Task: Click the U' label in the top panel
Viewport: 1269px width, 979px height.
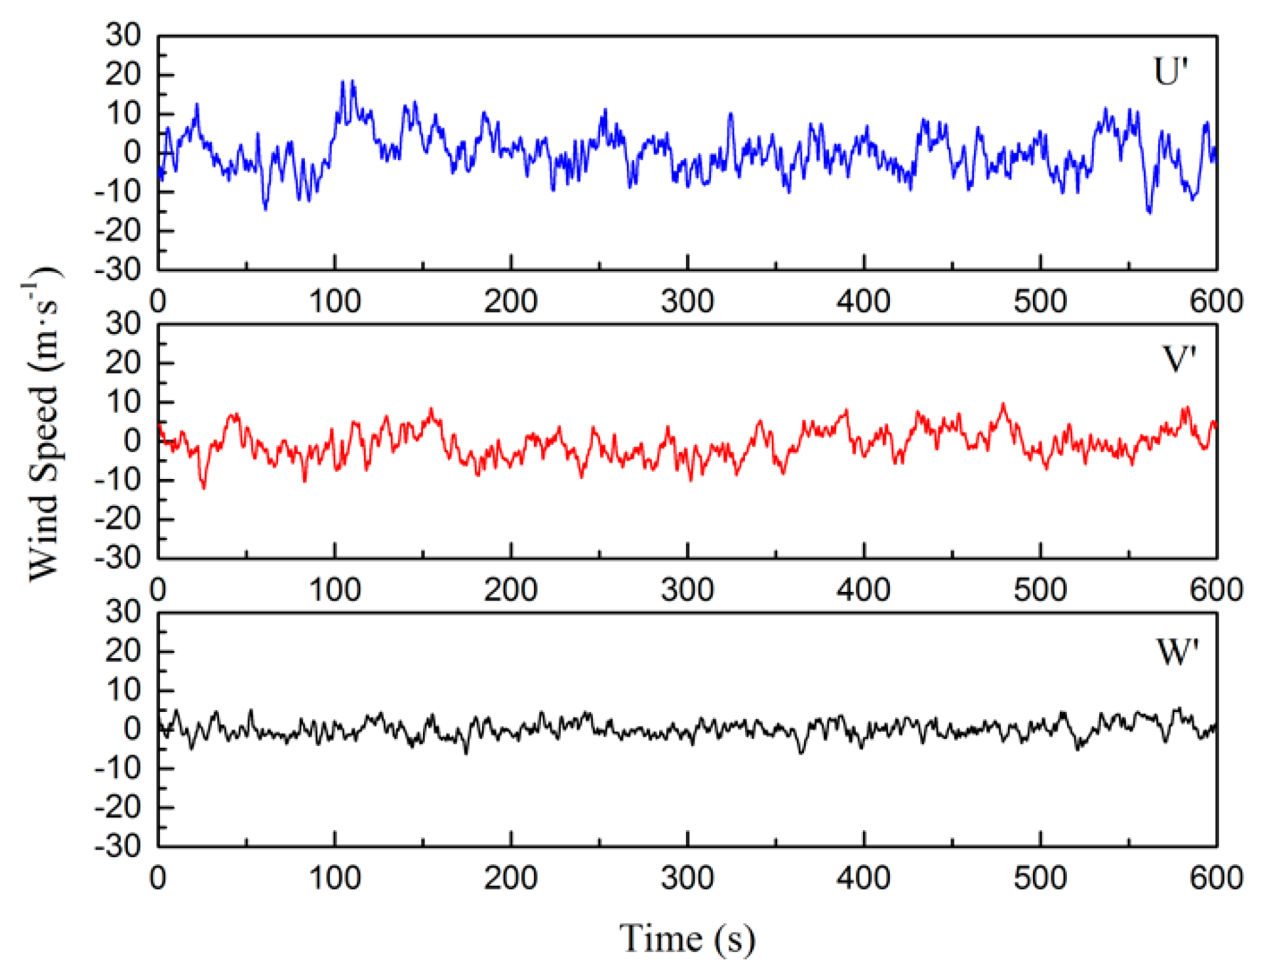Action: pos(1170,72)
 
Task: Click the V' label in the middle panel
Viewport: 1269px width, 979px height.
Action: pos(1178,360)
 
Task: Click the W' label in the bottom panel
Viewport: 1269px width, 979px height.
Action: pos(1177,653)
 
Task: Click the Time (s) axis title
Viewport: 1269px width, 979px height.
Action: pos(687,938)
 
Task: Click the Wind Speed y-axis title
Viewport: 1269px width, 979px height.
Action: pos(43,423)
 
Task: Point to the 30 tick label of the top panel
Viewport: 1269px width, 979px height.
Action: pos(123,35)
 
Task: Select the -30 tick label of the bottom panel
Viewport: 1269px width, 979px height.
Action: pos(118,846)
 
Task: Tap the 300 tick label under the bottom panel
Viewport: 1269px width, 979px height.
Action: pos(687,878)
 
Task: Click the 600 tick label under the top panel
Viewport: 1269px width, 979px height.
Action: pos(1216,302)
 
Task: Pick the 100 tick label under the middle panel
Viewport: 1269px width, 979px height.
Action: pos(334,590)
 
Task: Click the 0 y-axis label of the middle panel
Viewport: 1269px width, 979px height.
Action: pos(132,441)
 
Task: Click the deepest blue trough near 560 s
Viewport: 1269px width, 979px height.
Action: pos(1149,212)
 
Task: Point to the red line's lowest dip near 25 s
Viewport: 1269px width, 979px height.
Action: pos(204,488)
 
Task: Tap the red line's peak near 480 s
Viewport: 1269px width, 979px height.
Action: pos(1003,405)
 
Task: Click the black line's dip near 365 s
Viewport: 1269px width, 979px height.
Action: pos(801,752)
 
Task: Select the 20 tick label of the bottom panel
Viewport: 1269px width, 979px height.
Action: pos(123,651)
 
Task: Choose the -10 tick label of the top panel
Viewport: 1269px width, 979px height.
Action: pos(118,192)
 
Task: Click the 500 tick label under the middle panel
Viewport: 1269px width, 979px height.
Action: pos(1039,590)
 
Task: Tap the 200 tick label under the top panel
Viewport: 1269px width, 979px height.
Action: pos(510,302)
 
